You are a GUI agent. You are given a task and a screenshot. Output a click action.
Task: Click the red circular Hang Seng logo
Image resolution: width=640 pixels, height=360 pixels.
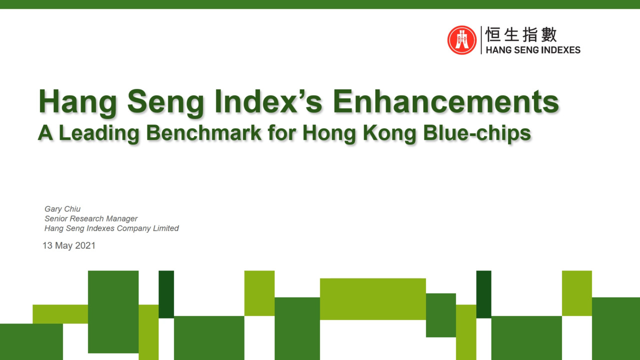pyautogui.click(x=462, y=40)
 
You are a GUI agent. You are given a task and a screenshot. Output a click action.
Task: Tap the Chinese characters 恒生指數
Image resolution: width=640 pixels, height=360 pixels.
pyautogui.click(x=520, y=35)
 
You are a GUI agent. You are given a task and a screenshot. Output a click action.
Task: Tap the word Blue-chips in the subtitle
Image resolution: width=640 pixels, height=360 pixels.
pyautogui.click(x=477, y=132)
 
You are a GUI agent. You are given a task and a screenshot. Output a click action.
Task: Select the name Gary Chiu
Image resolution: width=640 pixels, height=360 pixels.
pyautogui.click(x=62, y=209)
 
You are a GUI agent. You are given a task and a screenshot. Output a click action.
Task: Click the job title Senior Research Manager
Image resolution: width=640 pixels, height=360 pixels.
pyautogui.click(x=91, y=218)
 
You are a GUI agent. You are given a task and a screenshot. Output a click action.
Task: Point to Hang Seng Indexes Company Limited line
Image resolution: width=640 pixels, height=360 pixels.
pyautogui.click(x=111, y=228)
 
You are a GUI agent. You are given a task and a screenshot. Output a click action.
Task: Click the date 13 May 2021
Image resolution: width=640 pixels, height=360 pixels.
pyautogui.click(x=69, y=245)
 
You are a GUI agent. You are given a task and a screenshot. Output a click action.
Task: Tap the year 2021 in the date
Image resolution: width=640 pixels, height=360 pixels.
pyautogui.click(x=85, y=245)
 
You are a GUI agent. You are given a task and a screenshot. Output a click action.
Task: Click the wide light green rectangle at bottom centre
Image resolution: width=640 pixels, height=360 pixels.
pyautogui.click(x=372, y=298)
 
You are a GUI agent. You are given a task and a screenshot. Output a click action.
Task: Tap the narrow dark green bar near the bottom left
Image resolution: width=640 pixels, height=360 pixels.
pyautogui.click(x=166, y=294)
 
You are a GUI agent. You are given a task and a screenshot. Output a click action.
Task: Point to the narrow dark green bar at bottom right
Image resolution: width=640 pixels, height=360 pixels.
pyautogui.click(x=483, y=294)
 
